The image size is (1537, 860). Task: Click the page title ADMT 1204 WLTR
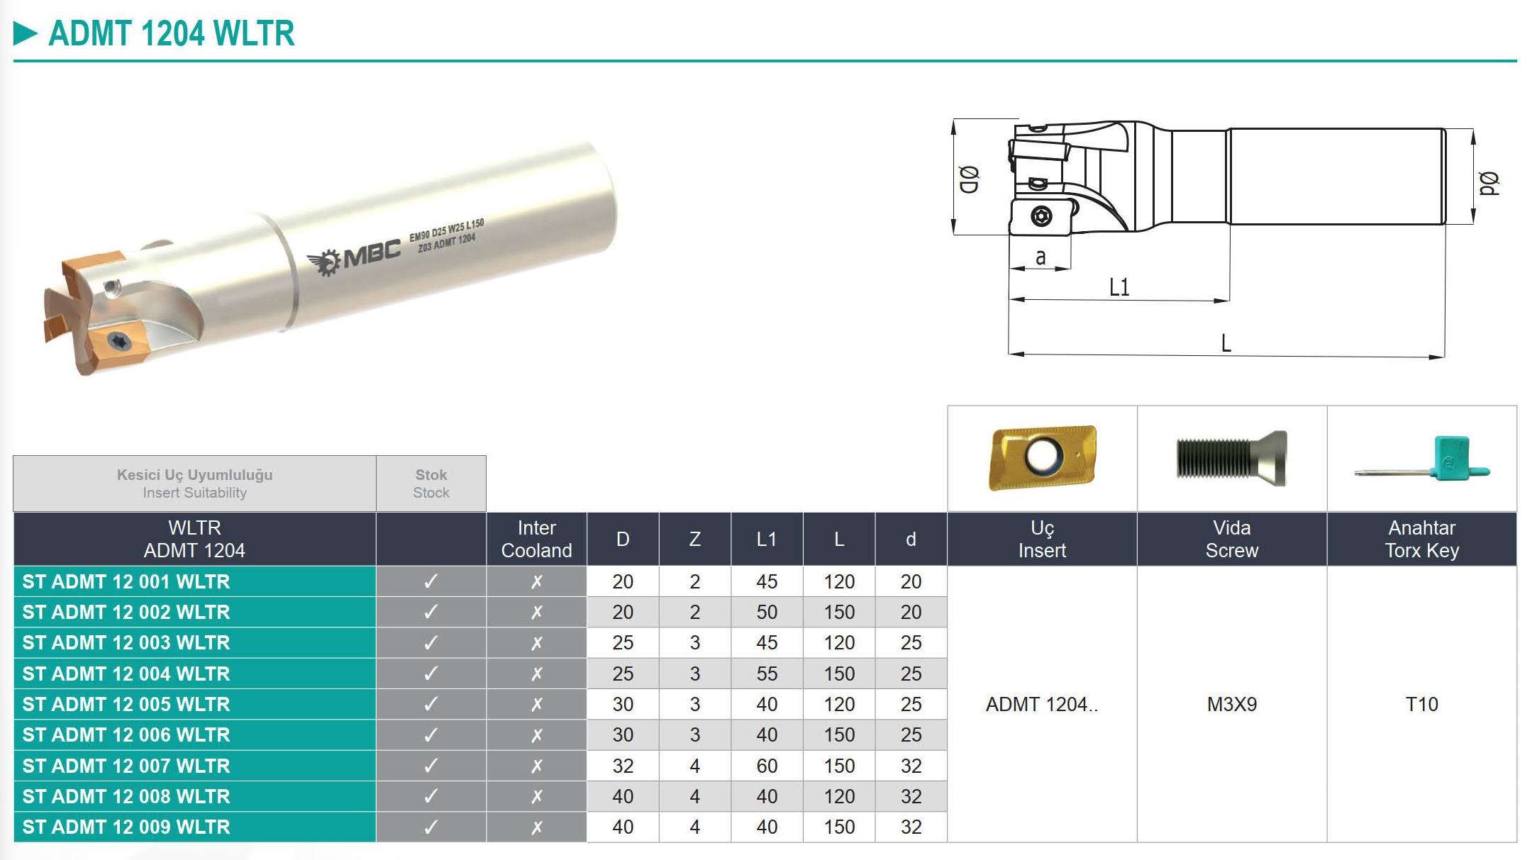pyautogui.click(x=171, y=33)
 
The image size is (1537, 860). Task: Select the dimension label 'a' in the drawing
pyautogui.click(x=1040, y=257)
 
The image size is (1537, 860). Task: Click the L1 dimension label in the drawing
pyautogui.click(x=1119, y=287)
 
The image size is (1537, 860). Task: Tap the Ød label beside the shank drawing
pyautogui.click(x=1489, y=184)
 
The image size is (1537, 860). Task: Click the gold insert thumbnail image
pyautogui.click(x=1042, y=457)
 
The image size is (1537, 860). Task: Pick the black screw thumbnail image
pyautogui.click(x=1231, y=458)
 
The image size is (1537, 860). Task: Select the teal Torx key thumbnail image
pyautogui.click(x=1422, y=459)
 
